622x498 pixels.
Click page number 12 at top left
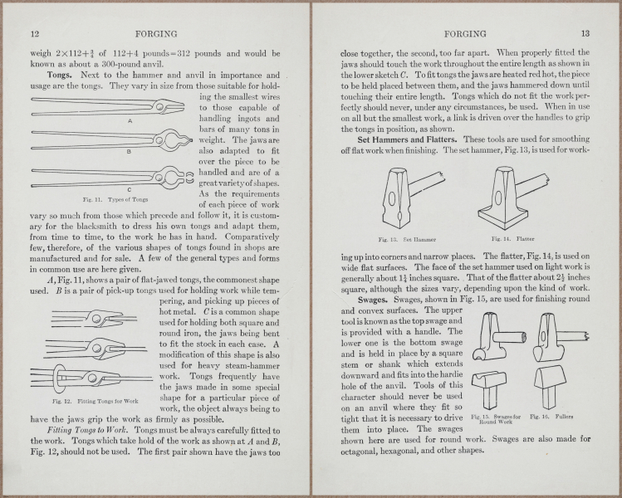point(35,34)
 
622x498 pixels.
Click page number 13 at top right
point(585,34)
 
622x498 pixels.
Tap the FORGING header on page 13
point(466,34)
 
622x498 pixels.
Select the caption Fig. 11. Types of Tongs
point(116,200)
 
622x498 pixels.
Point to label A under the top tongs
point(130,120)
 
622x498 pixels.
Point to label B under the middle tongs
point(128,153)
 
